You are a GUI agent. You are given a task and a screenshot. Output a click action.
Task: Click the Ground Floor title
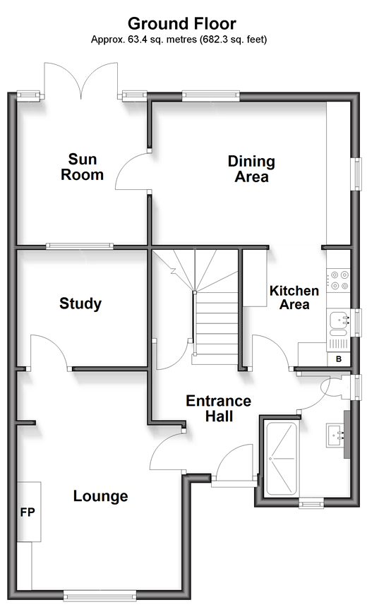click(x=181, y=23)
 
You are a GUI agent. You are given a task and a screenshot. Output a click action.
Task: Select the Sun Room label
click(x=82, y=167)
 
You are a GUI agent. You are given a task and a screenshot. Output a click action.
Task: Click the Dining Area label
click(x=251, y=169)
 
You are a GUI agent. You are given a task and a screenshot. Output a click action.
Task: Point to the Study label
click(x=80, y=303)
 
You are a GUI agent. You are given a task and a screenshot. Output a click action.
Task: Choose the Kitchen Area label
click(x=294, y=298)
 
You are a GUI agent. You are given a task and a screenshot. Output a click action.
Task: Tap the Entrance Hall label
click(x=218, y=409)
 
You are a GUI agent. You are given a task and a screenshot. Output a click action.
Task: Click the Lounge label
click(x=101, y=496)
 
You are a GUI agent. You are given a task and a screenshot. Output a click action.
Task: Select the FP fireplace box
click(x=29, y=512)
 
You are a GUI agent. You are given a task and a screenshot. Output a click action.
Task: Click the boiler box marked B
click(x=339, y=359)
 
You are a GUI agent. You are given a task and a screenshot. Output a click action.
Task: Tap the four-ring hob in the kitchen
click(x=338, y=281)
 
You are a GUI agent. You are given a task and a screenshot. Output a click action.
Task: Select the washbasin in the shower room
click(x=336, y=435)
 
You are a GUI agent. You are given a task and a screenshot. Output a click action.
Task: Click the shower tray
click(x=282, y=459)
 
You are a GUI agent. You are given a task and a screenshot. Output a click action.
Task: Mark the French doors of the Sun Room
click(x=81, y=80)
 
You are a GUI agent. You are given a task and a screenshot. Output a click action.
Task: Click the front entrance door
click(x=234, y=464)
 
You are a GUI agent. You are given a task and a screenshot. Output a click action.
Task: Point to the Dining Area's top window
click(x=210, y=95)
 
